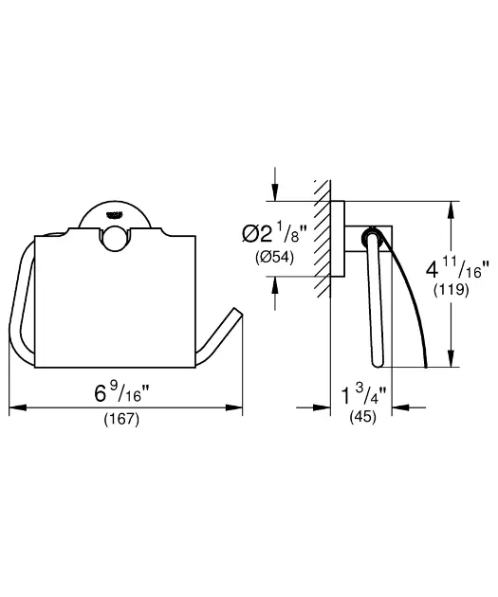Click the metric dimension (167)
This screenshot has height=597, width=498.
pos(121,420)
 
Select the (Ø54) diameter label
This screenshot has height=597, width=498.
pos(274,258)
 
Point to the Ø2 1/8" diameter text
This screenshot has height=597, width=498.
pos(274,233)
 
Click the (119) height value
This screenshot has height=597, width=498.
pos(451,290)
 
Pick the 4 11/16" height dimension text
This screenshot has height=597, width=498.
pos(457,269)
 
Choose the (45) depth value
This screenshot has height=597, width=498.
pos(363,417)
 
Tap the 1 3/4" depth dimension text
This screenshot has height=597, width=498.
pos(364,395)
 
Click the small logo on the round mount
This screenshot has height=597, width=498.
pos(116,215)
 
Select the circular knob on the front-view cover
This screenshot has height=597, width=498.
pos(116,239)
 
